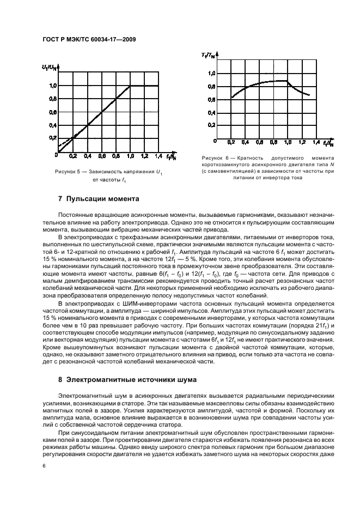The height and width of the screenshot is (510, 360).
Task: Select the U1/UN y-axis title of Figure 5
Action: [x=48, y=67]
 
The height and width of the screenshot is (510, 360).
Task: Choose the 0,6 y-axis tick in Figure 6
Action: [x=212, y=99]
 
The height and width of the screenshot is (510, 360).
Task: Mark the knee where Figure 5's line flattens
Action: [x=130, y=86]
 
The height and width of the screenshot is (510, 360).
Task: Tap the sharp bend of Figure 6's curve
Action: [x=288, y=81]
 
